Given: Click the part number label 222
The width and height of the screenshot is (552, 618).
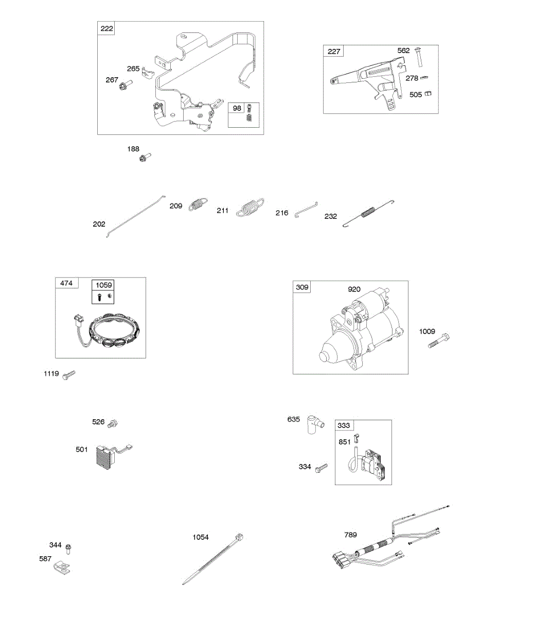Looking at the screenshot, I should [106, 28].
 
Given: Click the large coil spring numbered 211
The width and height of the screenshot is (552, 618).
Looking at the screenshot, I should [251, 208].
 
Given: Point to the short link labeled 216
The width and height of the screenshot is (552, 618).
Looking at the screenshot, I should [306, 210].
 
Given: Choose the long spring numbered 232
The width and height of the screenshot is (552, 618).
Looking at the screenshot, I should [368, 212].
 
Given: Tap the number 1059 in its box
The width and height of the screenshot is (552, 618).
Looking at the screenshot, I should [103, 285].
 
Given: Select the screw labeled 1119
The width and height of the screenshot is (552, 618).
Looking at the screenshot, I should [68, 375].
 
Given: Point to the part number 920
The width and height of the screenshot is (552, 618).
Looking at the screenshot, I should [354, 289].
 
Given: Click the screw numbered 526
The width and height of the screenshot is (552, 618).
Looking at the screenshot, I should [113, 424].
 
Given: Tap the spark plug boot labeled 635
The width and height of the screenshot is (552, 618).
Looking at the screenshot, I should [314, 423].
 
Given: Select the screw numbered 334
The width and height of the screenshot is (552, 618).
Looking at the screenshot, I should [321, 468].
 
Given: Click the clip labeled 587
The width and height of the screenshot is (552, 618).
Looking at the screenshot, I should [62, 568].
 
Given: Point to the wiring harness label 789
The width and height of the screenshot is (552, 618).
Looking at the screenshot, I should [350, 535].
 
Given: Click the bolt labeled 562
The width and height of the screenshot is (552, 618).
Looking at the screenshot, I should [418, 58].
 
